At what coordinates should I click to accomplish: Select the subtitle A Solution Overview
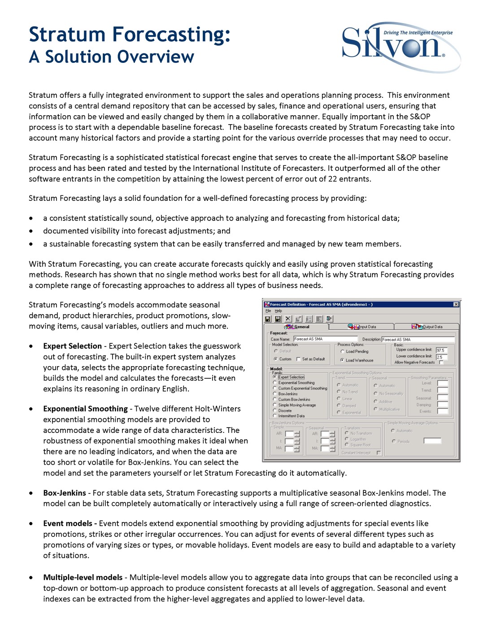[x=111, y=57]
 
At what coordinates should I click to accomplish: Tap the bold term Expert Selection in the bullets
[x=72, y=346]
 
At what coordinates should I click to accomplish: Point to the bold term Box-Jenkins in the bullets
[x=65, y=493]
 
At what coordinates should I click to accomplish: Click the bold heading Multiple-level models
[x=83, y=577]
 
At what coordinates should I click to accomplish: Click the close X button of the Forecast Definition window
[x=456, y=304]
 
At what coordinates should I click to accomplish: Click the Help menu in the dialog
[x=278, y=311]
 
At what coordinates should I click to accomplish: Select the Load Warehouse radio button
[x=342, y=360]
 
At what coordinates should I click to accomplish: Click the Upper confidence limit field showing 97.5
[x=441, y=350]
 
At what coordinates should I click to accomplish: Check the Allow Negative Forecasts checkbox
[x=441, y=362]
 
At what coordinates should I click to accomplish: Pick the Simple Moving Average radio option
[x=275, y=405]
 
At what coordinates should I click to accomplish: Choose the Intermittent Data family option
[x=275, y=416]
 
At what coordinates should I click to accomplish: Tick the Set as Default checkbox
[x=299, y=359]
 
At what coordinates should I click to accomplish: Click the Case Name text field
[x=325, y=339]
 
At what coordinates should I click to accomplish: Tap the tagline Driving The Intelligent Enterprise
[x=418, y=33]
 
